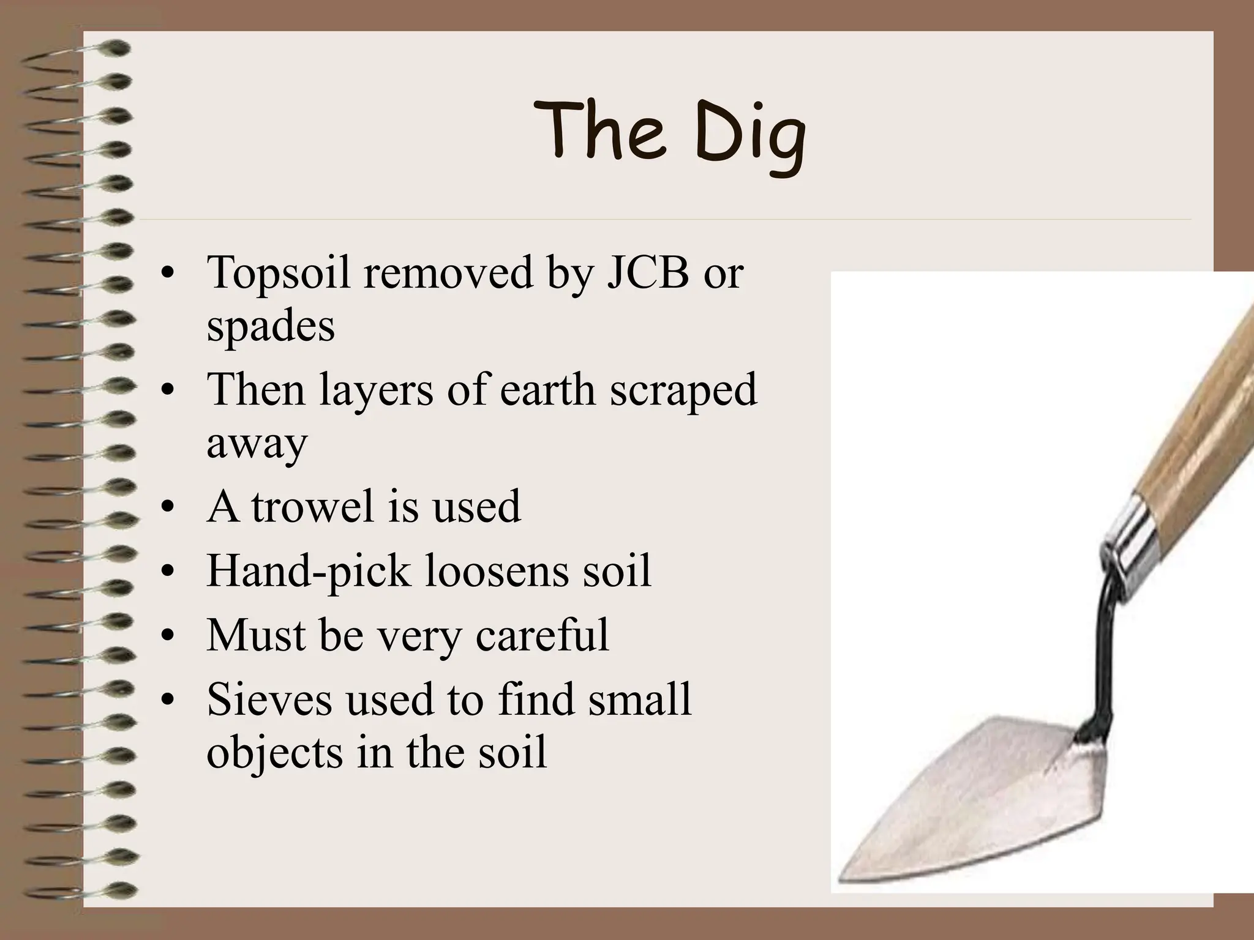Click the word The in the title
pos(601,130)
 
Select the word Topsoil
pos(279,273)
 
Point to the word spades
pos(271,327)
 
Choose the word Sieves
pos(269,699)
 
